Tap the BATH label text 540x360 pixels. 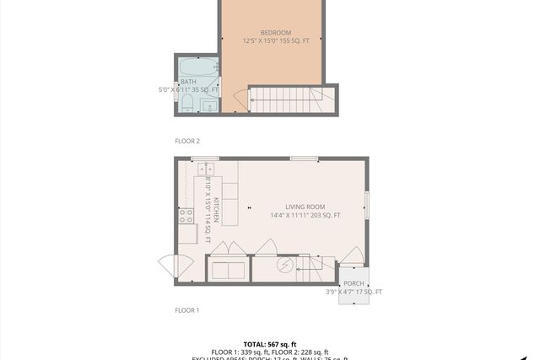(x=188, y=82)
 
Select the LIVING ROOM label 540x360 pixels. (x=305, y=207)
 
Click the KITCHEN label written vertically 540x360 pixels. (x=216, y=210)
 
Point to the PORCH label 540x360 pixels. (x=354, y=283)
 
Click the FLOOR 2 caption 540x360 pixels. (x=186, y=141)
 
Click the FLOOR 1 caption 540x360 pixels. (x=186, y=310)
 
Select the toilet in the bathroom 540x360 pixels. (x=187, y=105)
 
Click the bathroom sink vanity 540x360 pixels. (x=208, y=105)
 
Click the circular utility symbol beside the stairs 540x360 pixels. (x=285, y=267)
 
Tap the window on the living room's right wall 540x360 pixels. (x=367, y=206)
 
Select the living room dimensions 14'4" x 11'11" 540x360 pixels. (x=305, y=216)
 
